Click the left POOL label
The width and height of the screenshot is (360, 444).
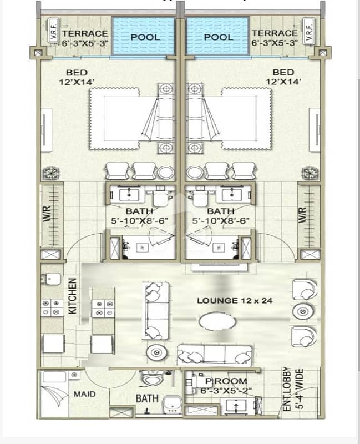[145, 37]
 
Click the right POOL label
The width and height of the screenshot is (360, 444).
[219, 37]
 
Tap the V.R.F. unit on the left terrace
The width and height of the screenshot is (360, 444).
[53, 31]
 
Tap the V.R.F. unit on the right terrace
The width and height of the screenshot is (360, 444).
[309, 31]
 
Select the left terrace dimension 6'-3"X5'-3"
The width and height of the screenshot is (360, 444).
[85, 43]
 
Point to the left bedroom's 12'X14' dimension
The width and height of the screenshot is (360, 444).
[77, 82]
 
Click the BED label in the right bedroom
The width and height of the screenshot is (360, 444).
[283, 72]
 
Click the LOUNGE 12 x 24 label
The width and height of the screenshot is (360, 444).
[235, 301]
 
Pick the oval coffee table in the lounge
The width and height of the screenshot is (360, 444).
[217, 322]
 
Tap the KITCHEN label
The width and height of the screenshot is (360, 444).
[73, 296]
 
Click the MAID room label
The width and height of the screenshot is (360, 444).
[84, 394]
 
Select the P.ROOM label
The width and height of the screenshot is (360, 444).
[226, 381]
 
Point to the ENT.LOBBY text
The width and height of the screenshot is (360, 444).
[287, 389]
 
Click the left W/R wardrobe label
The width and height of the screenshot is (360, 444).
[47, 214]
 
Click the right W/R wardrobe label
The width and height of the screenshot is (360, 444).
[302, 215]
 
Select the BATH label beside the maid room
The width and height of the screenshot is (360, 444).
[147, 398]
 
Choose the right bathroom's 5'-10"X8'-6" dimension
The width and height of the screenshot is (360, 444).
[220, 221]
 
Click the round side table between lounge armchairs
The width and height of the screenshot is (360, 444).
[303, 312]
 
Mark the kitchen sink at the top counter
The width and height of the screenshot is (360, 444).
[51, 279]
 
